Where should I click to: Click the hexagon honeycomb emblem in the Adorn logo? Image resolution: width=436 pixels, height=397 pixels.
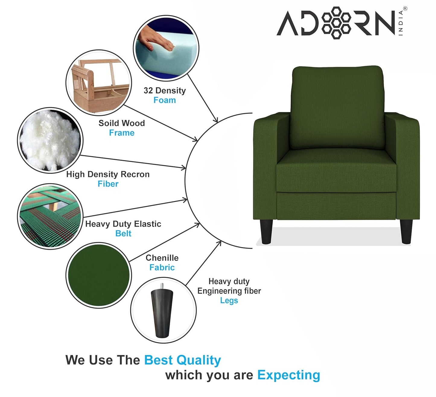(336, 23)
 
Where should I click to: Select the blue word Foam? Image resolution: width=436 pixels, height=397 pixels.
(164, 100)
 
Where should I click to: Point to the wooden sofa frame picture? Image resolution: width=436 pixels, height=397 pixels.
(99, 83)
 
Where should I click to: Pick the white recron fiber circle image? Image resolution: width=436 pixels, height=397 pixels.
(50, 140)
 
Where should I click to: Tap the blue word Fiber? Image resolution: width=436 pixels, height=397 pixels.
(108, 184)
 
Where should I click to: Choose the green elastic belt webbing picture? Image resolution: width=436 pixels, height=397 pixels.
(50, 216)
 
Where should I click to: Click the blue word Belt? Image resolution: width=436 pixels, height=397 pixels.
(123, 234)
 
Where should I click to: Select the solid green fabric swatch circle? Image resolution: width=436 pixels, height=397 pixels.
(99, 275)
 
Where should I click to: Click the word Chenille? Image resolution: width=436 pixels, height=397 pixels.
(162, 258)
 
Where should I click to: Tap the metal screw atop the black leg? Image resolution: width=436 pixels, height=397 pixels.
(162, 286)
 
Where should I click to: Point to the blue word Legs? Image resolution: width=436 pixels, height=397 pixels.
(229, 301)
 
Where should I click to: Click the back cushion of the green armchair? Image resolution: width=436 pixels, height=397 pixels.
(338, 107)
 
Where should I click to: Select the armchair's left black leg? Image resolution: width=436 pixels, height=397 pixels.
(267, 231)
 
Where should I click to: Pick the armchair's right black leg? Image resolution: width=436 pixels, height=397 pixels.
(406, 231)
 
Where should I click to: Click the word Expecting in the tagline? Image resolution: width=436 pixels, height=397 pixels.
(289, 375)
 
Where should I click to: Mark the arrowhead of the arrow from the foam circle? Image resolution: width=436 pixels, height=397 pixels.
(216, 120)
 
